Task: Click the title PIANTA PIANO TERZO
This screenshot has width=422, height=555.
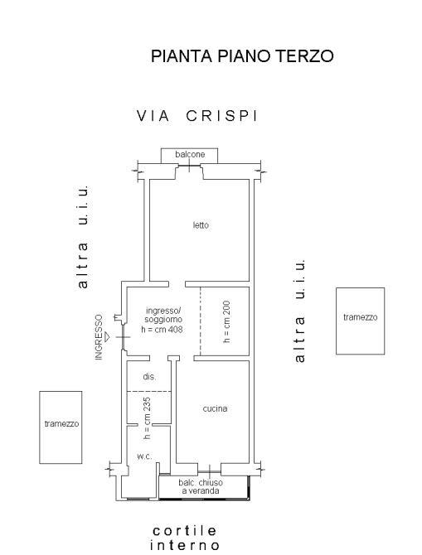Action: pyautogui.click(x=242, y=56)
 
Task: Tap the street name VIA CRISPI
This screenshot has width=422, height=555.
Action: pyautogui.click(x=197, y=116)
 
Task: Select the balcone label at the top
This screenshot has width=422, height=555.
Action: pyautogui.click(x=190, y=154)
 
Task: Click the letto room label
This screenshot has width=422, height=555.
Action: pyautogui.click(x=201, y=225)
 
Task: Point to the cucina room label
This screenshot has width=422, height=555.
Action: pyautogui.click(x=215, y=408)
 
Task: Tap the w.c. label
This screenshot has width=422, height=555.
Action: pyautogui.click(x=144, y=456)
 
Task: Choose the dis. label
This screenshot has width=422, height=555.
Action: pyautogui.click(x=149, y=377)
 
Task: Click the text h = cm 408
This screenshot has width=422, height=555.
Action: pyautogui.click(x=162, y=329)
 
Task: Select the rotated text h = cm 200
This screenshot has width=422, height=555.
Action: pyautogui.click(x=227, y=321)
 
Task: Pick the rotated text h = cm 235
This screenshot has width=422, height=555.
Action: pyautogui.click(x=147, y=418)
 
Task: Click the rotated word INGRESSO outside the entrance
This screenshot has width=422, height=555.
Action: pyautogui.click(x=99, y=337)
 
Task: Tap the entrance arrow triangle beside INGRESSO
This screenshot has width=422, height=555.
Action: pyautogui.click(x=107, y=337)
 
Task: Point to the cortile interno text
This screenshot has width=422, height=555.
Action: pyautogui.click(x=184, y=538)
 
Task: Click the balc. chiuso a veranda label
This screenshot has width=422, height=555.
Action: pyautogui.click(x=201, y=487)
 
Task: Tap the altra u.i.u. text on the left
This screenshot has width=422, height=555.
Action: pyautogui.click(x=82, y=236)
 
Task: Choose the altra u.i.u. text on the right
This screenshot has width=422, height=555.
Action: pyautogui.click(x=299, y=311)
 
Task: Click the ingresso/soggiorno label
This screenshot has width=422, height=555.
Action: pyautogui.click(x=163, y=315)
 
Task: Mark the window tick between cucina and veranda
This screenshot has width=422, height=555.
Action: pyautogui.click(x=210, y=472)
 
